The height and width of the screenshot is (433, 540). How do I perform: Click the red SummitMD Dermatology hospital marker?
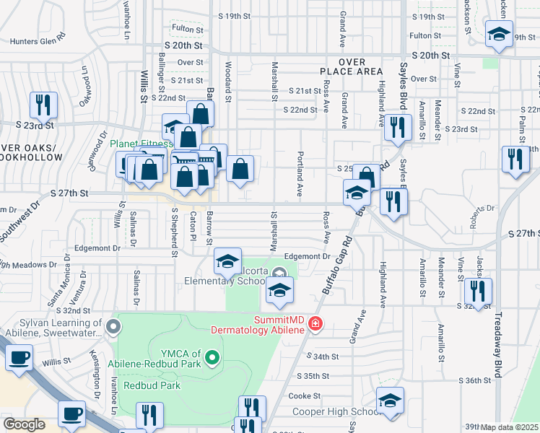click(x=315, y=324)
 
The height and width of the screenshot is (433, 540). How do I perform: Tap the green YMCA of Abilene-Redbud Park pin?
click(x=212, y=357)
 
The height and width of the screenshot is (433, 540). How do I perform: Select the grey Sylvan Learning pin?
click(x=113, y=328)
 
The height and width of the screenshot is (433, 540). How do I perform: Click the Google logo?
click(x=24, y=424)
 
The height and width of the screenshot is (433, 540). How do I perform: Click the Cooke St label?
click(x=304, y=395)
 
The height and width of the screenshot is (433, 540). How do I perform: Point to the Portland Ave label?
click(x=299, y=173)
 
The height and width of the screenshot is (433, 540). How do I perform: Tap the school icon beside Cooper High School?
click(x=390, y=401)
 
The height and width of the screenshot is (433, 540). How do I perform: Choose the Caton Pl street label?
click(x=193, y=225)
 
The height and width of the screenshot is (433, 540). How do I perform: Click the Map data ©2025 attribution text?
click(x=510, y=427)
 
